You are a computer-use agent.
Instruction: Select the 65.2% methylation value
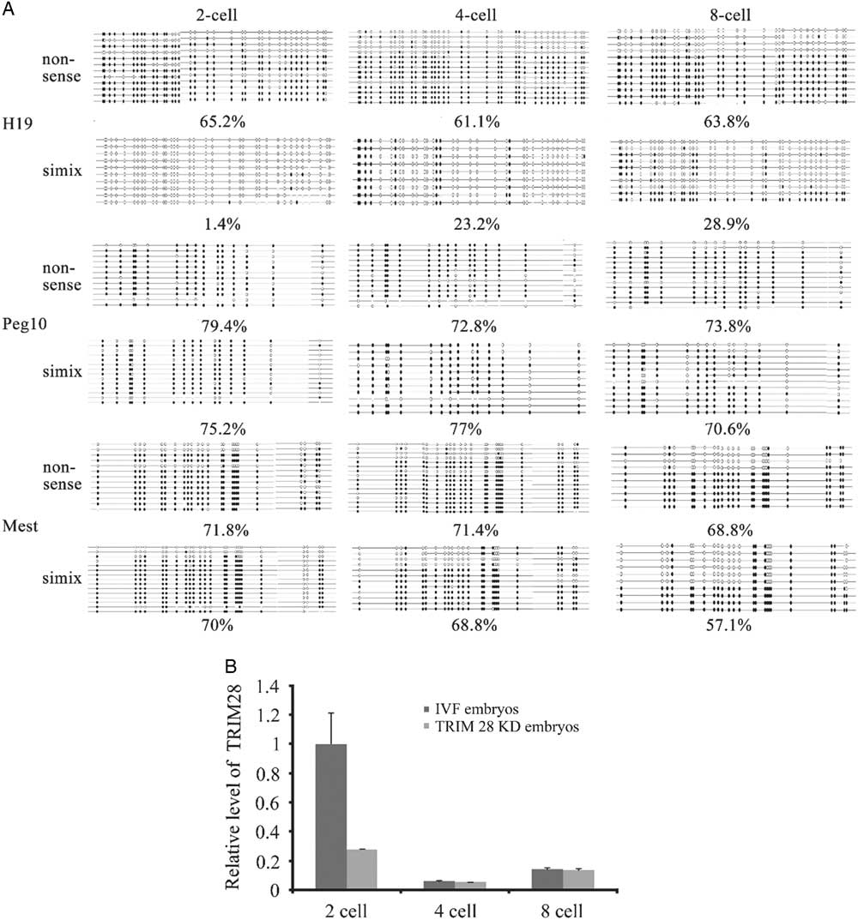(216, 121)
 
